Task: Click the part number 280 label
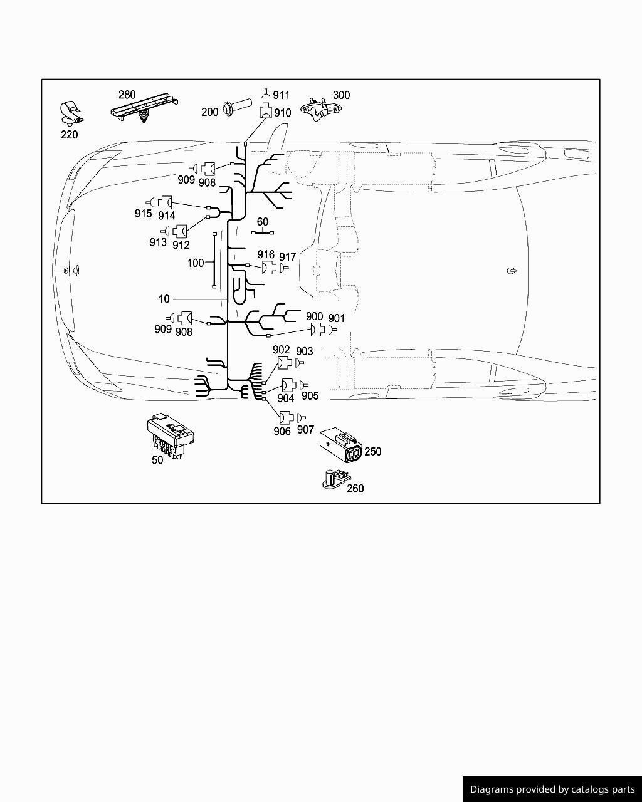[127, 95]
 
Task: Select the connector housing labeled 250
[340, 445]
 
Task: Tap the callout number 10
[164, 299]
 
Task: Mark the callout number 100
[196, 263]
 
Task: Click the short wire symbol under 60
[263, 233]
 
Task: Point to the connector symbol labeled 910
[265, 113]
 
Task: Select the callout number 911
[282, 95]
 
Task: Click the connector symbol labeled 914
[166, 202]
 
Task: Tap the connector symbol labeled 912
[181, 232]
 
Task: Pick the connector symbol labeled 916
[268, 268]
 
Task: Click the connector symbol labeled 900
[316, 330]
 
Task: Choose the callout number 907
[305, 430]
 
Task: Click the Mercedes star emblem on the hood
[65, 271]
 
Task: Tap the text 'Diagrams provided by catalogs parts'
[552, 789]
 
